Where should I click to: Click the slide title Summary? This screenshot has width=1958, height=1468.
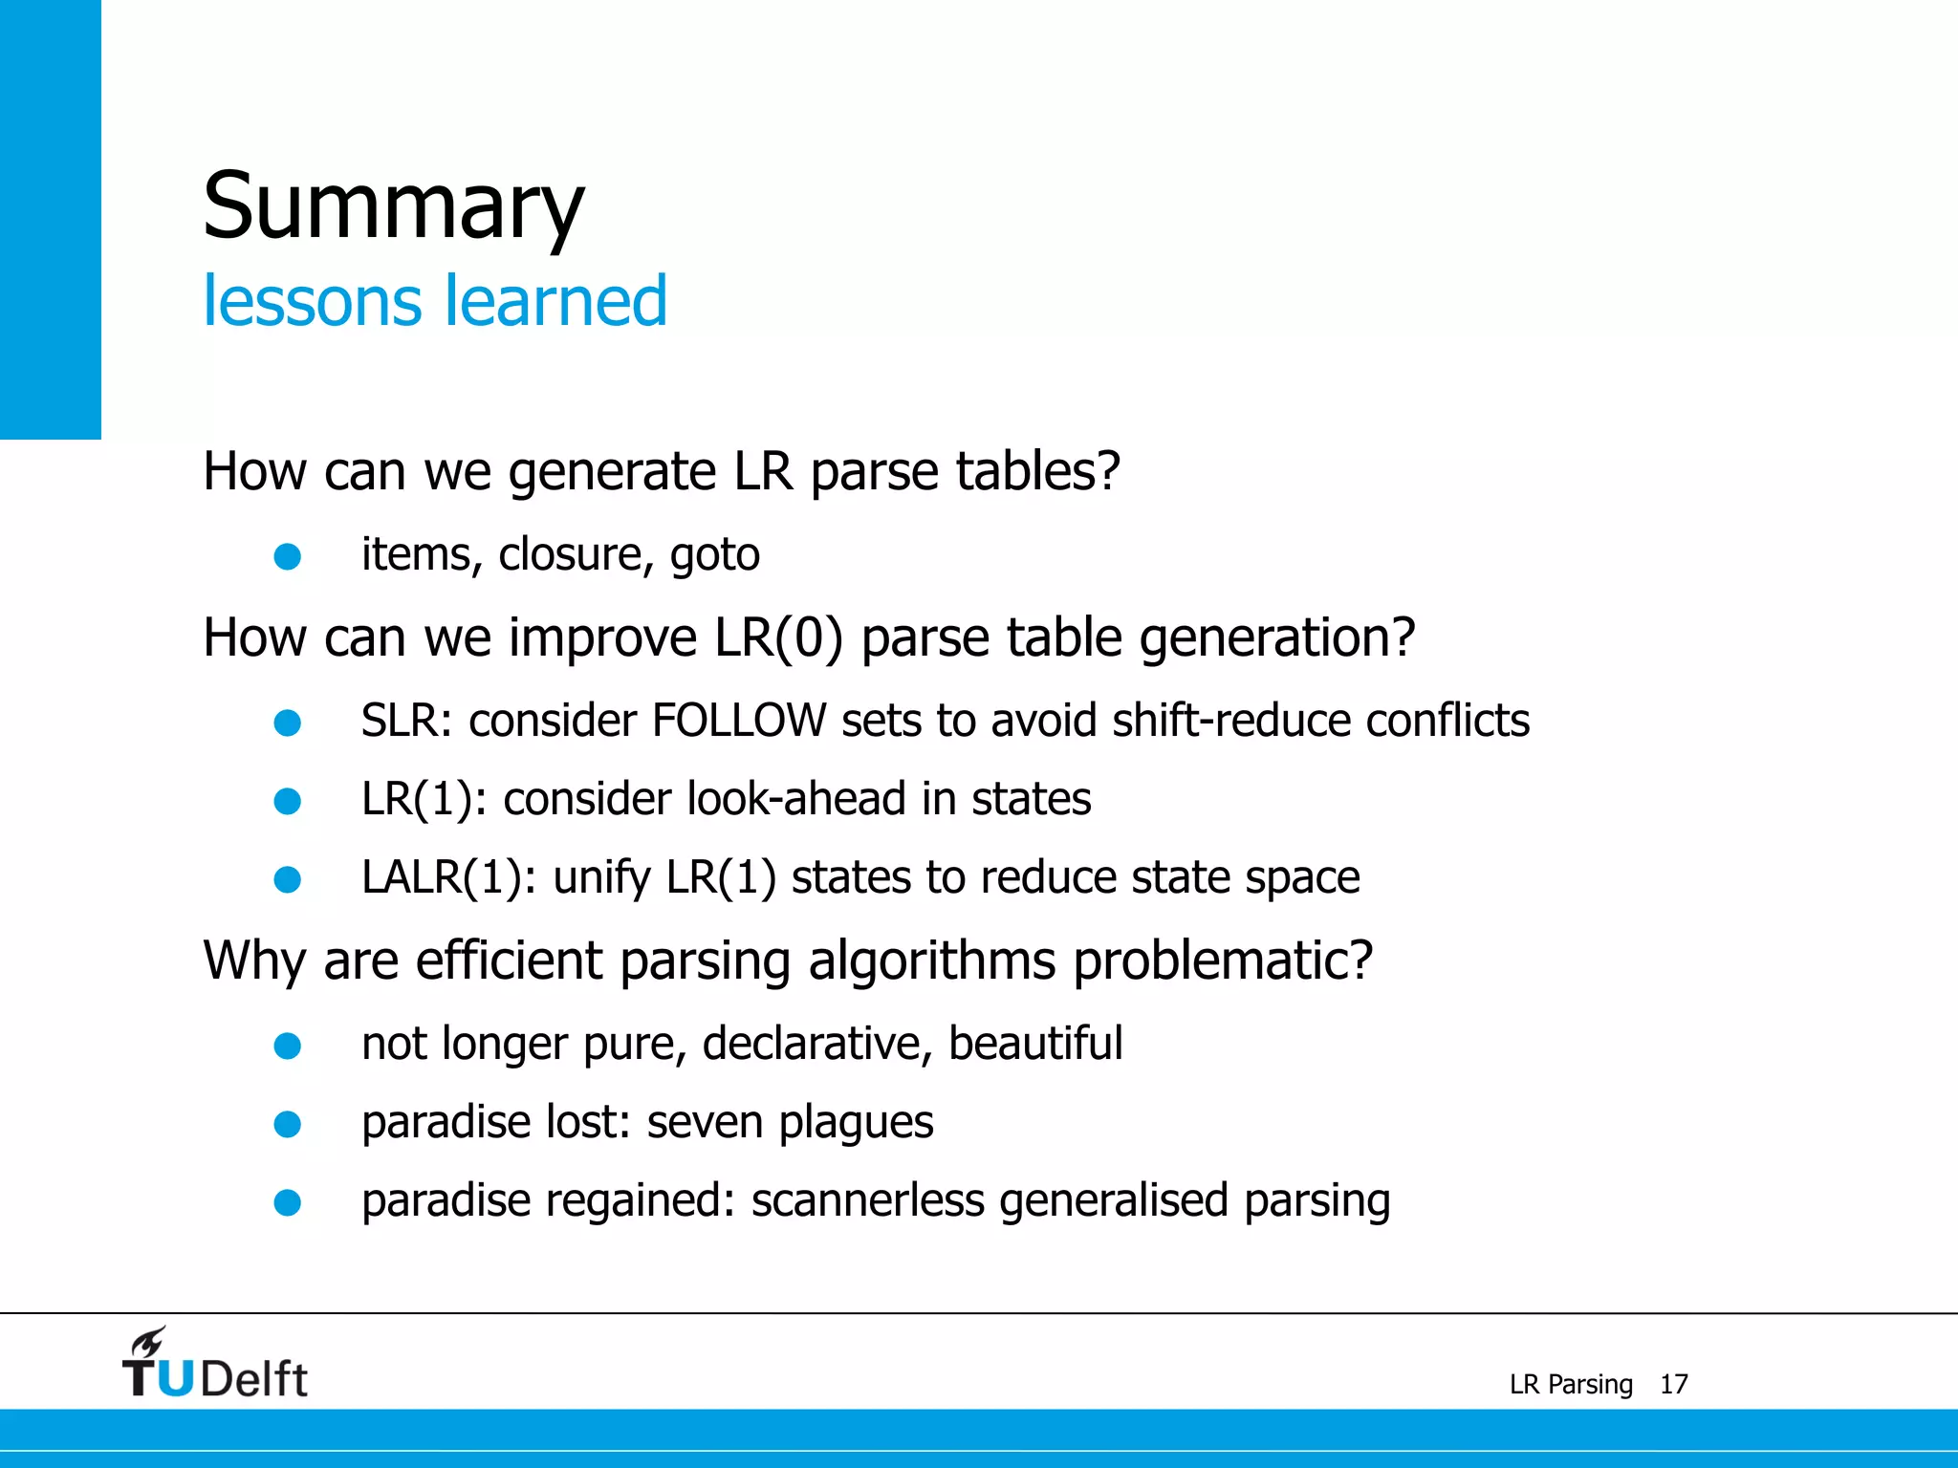393,205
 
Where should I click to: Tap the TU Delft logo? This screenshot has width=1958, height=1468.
215,1365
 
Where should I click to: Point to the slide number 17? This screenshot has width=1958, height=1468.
1673,1384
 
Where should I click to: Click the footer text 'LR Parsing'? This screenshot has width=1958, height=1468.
1571,1384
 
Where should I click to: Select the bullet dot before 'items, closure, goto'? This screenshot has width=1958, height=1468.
288,556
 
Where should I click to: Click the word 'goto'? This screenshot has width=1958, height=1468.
714,555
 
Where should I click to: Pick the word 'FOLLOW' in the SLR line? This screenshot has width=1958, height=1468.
738,721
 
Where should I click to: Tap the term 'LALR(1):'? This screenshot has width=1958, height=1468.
448,877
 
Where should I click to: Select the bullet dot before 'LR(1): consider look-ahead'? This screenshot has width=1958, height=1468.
288,801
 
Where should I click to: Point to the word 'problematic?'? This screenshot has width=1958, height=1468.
1223,961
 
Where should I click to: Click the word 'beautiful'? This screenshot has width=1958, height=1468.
1034,1043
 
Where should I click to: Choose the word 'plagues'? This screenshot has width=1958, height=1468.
856,1123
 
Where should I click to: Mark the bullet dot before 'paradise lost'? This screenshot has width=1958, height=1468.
288,1124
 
